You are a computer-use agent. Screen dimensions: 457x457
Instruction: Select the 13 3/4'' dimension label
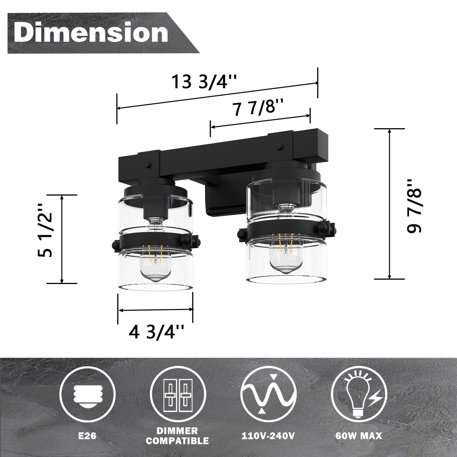coord(204,82)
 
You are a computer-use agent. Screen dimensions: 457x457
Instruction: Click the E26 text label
coord(87,436)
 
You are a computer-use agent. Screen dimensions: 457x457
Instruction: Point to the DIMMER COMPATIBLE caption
coord(177,436)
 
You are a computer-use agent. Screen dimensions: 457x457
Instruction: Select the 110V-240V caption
coord(268,436)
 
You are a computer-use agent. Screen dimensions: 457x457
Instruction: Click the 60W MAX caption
coord(359,436)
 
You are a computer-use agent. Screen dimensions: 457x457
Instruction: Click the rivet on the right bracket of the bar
coord(279,146)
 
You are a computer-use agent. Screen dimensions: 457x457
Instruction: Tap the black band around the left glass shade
coord(155,242)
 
